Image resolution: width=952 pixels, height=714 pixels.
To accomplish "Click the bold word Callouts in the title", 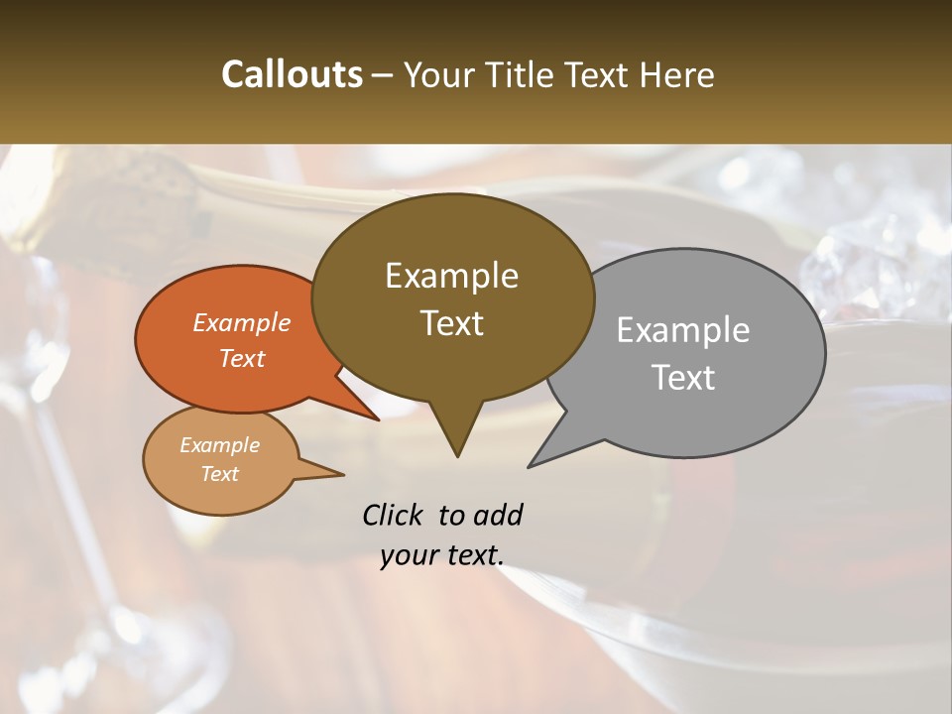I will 292,74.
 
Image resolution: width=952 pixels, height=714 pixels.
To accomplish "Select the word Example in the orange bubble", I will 241,322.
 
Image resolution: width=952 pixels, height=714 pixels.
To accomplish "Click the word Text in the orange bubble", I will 241,358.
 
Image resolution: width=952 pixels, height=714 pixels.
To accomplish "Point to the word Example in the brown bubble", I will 451,276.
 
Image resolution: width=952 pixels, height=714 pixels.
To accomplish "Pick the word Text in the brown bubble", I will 451,323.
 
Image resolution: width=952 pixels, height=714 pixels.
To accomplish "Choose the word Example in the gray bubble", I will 682,330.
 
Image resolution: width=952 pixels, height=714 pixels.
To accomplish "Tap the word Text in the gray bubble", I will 682,378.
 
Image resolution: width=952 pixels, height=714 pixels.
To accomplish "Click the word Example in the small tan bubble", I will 219,445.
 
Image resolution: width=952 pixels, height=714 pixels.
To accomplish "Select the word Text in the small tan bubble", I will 219,474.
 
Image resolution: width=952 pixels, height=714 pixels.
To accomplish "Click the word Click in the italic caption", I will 395,515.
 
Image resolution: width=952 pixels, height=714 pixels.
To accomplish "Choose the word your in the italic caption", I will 408,555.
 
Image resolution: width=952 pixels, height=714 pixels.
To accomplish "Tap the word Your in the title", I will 436,74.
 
